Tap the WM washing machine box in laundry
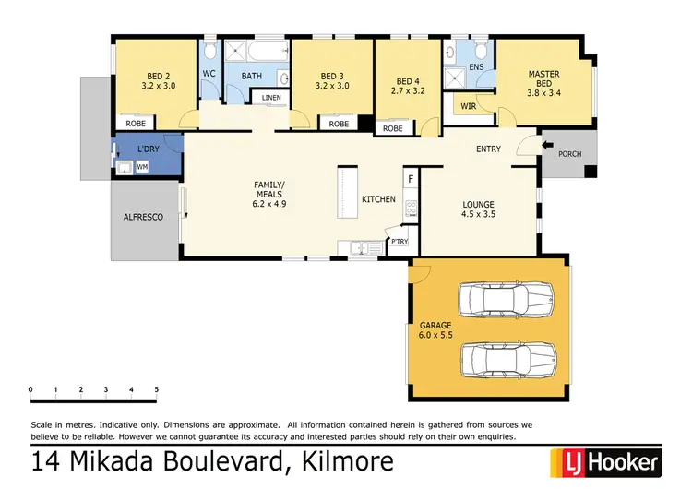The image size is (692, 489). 142,167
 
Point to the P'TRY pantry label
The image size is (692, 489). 400,242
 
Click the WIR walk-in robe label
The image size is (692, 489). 470,107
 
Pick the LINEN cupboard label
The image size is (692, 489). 270,97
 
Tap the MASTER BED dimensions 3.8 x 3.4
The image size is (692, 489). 543,91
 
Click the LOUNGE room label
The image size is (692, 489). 479,204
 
